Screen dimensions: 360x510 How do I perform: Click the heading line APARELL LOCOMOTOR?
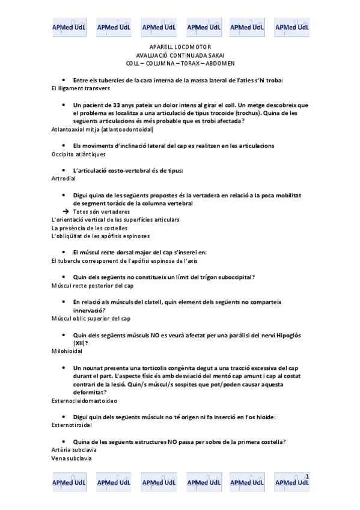[x=180, y=47]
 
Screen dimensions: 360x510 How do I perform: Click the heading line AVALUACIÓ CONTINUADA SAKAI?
[x=180, y=55]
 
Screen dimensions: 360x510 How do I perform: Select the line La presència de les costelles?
[x=90, y=228]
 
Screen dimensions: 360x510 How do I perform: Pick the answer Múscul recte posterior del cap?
[x=93, y=286]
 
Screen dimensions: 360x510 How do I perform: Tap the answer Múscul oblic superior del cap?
[x=91, y=318]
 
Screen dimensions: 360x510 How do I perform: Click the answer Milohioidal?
[x=67, y=351]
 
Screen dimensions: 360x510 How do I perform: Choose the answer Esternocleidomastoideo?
[x=85, y=399]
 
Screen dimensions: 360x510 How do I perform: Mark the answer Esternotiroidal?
[x=72, y=425]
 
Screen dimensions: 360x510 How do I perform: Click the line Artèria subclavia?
[x=74, y=450]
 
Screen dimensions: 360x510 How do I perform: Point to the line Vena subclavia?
[x=72, y=458]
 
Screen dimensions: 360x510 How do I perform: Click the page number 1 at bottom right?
[x=307, y=477]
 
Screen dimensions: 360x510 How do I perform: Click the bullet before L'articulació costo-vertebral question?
[x=64, y=170]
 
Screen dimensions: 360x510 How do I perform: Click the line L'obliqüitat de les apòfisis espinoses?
[x=100, y=236]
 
